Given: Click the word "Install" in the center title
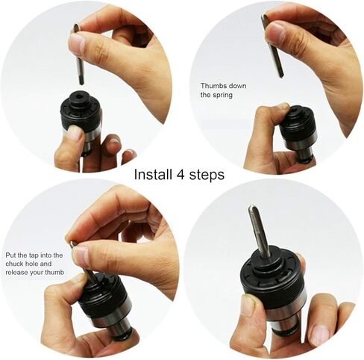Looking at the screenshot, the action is tap(153, 174).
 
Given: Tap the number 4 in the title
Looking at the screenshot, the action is tap(181, 175).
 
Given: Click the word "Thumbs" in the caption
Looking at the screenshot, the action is tap(213, 86).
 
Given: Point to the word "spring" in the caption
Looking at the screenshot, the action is tap(222, 96).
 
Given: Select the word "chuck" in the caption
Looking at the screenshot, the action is tap(15, 264).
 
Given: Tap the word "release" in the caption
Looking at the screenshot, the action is tap(16, 273).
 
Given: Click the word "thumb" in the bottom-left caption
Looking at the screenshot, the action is tap(54, 273).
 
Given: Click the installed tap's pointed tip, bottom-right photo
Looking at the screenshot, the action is tap(252, 207).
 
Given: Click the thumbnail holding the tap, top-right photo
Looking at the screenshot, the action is tap(275, 33).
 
